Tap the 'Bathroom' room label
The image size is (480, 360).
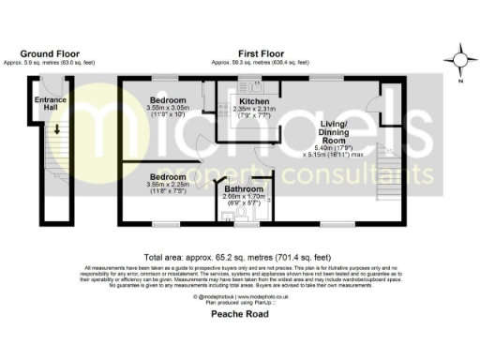(244, 188)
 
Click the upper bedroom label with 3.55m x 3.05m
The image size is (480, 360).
(169, 98)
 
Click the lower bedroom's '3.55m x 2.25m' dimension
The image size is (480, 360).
(169, 185)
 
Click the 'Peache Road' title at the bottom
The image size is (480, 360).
(240, 314)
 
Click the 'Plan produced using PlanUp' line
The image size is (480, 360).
(240, 303)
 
